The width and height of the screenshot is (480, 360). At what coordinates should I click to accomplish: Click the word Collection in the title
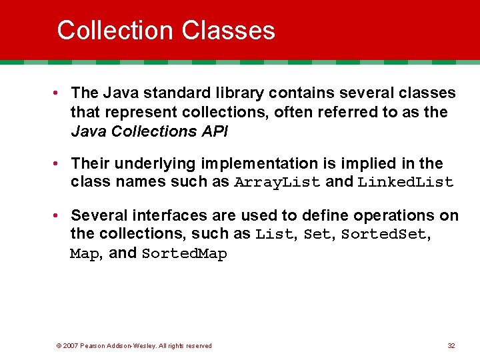pos(115,31)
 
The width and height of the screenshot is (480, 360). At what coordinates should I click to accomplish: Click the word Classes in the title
pos(228,31)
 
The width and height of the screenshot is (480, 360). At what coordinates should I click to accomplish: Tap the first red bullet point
pos(60,93)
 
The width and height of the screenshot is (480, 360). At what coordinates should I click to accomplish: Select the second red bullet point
pos(60,163)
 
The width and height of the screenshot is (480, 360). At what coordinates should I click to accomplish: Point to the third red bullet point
pos(60,215)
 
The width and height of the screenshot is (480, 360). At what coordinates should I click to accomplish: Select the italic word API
pos(213,131)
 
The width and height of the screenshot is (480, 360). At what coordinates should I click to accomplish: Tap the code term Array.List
pos(277,183)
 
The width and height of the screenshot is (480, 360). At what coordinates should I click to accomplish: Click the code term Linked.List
pos(405,183)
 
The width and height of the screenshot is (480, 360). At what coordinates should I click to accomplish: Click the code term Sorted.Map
pos(185,254)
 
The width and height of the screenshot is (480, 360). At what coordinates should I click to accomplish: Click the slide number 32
pos(451,345)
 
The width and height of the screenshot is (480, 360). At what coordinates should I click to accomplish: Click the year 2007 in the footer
pos(71,345)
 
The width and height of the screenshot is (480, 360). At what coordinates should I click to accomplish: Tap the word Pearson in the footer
pos(94,345)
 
